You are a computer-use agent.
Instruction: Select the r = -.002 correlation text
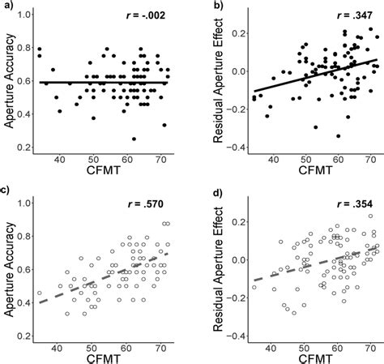pyautogui.click(x=148, y=16)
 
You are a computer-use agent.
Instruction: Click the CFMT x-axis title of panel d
pyautogui.click(x=303, y=357)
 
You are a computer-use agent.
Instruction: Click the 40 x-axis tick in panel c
pyautogui.click(x=58, y=346)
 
